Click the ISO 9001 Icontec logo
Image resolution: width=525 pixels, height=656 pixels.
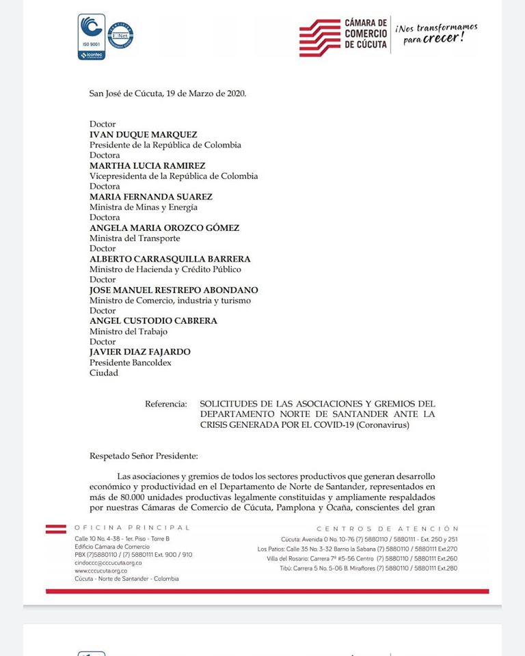(91, 36)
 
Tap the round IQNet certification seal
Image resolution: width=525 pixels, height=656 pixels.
(120, 36)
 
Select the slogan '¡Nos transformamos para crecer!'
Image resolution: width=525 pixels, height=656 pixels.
(436, 33)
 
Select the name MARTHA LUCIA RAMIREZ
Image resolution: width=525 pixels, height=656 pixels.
(147, 165)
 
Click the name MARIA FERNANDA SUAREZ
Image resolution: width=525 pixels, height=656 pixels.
(151, 197)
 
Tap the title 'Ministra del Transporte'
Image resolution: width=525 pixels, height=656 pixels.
(135, 238)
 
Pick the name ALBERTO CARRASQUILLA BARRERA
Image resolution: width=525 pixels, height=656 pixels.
(170, 259)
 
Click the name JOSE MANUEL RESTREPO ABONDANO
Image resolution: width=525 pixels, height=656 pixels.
(174, 290)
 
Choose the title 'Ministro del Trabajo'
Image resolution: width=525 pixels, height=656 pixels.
(129, 331)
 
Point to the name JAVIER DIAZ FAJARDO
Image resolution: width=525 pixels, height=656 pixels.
(140, 352)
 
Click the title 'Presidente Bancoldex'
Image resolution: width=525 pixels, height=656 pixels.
(131, 363)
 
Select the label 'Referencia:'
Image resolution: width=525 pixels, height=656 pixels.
(165, 404)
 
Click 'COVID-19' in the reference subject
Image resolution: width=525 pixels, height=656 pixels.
(327, 425)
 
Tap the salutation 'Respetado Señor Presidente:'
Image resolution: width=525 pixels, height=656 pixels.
(144, 455)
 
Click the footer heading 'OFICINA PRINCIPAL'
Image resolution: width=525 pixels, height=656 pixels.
(132, 528)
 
